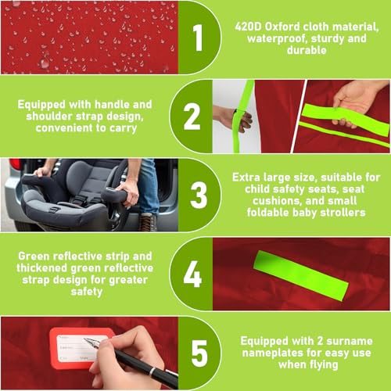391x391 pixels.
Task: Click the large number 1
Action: point(199,38)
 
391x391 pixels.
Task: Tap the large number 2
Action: point(192,117)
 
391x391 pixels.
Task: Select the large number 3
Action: point(199,195)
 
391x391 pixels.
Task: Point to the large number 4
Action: point(192,274)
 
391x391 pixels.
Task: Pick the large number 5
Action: point(199,353)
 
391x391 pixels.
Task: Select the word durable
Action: point(307,50)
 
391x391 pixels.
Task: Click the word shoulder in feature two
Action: point(49,117)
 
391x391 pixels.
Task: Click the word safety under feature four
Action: point(87,292)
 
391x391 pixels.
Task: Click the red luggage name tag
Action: point(78,348)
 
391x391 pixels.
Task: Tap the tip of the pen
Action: point(84,339)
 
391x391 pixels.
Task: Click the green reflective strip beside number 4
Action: point(301,276)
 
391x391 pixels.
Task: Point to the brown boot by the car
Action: point(148,222)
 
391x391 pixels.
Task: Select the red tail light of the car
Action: point(16,163)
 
